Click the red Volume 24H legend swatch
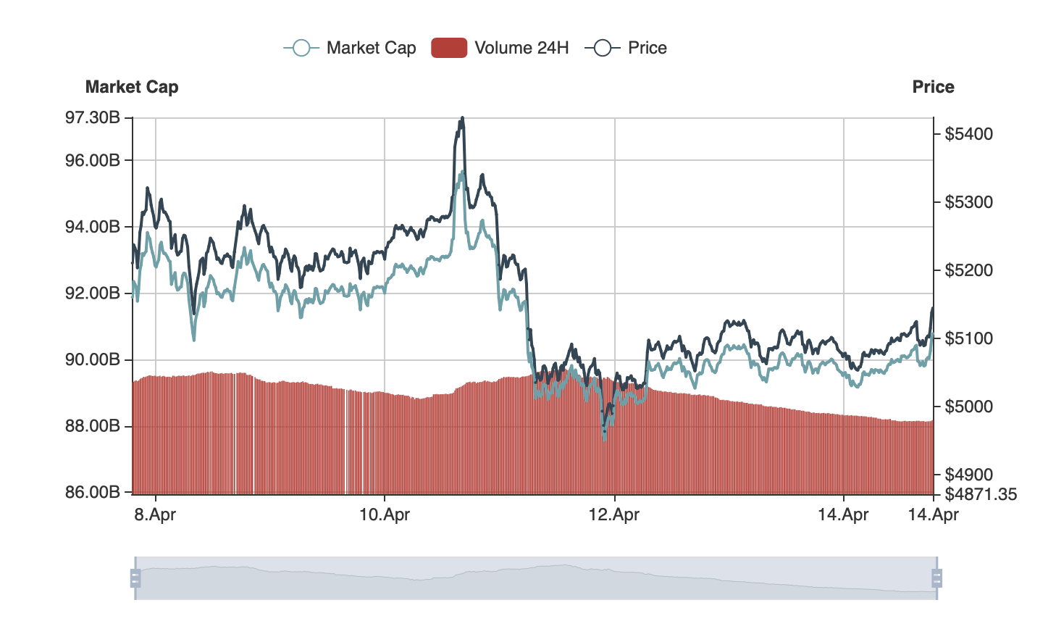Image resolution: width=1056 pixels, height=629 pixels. click(x=449, y=48)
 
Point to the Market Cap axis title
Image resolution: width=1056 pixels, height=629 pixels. click(x=132, y=87)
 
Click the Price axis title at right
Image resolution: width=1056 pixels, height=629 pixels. click(x=933, y=87)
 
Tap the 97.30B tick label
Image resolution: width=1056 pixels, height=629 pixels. click(x=93, y=117)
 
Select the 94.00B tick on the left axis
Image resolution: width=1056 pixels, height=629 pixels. click(x=93, y=227)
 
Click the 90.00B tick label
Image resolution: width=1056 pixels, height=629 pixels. click(x=93, y=359)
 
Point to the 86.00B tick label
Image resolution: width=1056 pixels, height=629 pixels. click(x=93, y=492)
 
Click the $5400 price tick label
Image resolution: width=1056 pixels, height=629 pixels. click(x=968, y=134)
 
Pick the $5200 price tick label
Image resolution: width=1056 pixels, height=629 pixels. click(x=968, y=270)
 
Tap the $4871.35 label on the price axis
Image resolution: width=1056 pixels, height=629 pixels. click(x=981, y=494)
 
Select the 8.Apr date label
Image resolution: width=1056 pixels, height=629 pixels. click(x=155, y=515)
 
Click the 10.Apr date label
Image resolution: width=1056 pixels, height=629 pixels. click(x=385, y=515)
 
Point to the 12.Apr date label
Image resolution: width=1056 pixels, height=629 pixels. click(x=614, y=515)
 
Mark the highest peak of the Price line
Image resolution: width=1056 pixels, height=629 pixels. click(x=462, y=118)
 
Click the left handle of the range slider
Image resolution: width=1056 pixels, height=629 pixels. click(x=135, y=578)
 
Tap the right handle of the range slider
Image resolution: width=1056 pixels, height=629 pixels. click(x=936, y=578)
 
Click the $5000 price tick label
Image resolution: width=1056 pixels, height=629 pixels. click(x=968, y=407)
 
